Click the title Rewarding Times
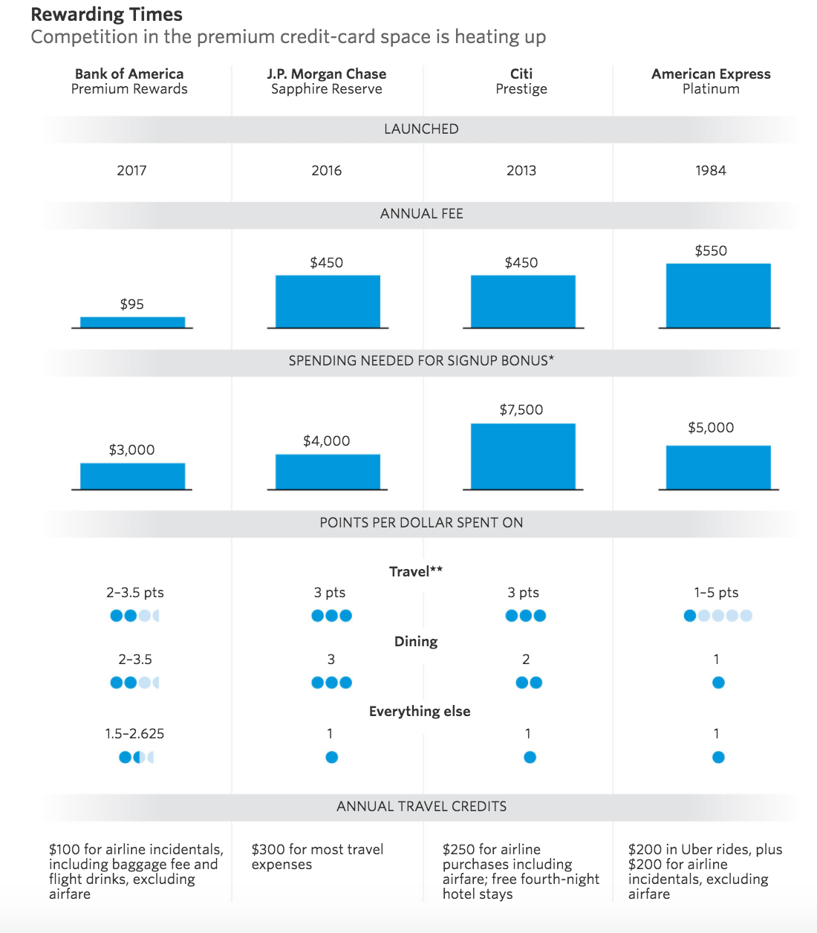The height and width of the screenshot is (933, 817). click(x=107, y=15)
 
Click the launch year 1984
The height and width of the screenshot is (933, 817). click(x=711, y=171)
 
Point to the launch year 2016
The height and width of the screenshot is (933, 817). click(x=327, y=171)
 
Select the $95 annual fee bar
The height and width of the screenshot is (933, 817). click(x=133, y=322)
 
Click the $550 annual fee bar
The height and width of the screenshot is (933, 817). click(x=718, y=296)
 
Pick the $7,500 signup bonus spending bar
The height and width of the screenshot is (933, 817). click(x=523, y=456)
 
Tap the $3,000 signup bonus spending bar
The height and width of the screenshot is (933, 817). click(x=133, y=476)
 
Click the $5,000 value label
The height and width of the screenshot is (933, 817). click(x=711, y=428)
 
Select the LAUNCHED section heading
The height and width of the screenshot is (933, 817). click(x=421, y=129)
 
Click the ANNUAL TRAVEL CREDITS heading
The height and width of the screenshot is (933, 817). click(x=421, y=806)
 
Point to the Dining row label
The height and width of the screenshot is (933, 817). click(x=416, y=642)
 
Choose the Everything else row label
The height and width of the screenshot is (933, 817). click(x=420, y=712)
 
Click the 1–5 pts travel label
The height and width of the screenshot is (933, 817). click(x=716, y=592)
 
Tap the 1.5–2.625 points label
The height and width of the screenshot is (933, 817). click(x=134, y=734)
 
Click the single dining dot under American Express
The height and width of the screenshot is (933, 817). click(x=718, y=683)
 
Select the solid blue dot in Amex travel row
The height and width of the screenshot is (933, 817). click(x=690, y=616)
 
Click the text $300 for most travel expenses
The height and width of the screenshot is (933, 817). click(x=317, y=856)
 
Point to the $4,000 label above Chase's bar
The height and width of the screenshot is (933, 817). click(x=327, y=441)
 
